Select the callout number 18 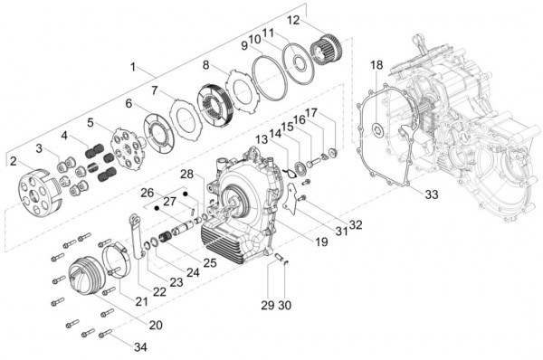pyautogui.click(x=376, y=65)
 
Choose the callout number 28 pyautogui.click(x=186, y=173)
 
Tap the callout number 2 pyautogui.click(x=13, y=161)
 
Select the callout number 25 pyautogui.click(x=209, y=262)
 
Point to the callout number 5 pyautogui.click(x=90, y=121)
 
